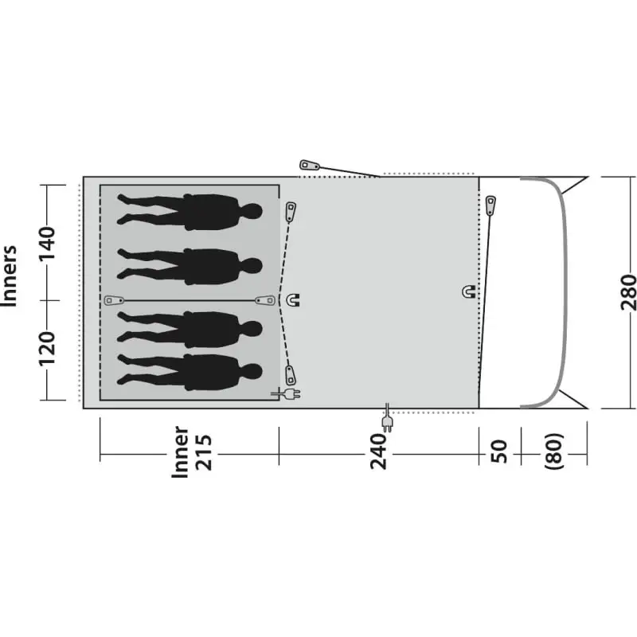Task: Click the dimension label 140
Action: click(x=47, y=244)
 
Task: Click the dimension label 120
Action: click(x=47, y=349)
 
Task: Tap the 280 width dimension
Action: click(x=628, y=292)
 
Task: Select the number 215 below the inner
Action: click(x=204, y=452)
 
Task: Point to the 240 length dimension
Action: click(x=379, y=451)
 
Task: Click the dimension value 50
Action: click(x=500, y=451)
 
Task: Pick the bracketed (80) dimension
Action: click(x=554, y=451)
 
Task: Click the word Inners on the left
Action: click(x=10, y=276)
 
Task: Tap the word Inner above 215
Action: click(x=181, y=451)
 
